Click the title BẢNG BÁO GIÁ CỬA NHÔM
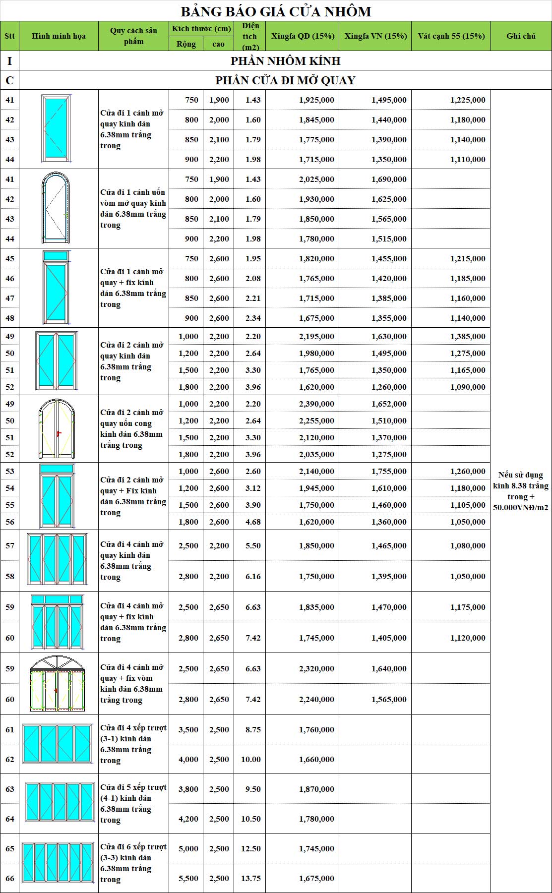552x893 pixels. pos(276,11)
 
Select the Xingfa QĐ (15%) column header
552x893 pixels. pos(303,36)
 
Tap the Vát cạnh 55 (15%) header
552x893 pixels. pos(451,36)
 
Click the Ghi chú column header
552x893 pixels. pos(521,36)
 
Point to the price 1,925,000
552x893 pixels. pos(316,100)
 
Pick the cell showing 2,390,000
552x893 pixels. pos(316,404)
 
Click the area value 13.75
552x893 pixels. pos(251,878)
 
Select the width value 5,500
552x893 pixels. pos(188,878)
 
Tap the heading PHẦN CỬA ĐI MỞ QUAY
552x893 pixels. pos(285,80)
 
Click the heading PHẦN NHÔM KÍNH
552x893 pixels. pos(285,61)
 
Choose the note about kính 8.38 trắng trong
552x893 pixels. pos(521,491)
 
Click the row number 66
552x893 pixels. pos(10,878)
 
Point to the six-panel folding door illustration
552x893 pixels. pos(59,863)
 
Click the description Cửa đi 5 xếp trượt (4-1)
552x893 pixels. pos(133,803)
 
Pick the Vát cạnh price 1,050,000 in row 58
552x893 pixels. pos(468,576)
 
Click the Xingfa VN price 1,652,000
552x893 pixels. pos(389,404)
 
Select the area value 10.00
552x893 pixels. pos(251,759)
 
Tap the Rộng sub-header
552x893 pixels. pos(186,44)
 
